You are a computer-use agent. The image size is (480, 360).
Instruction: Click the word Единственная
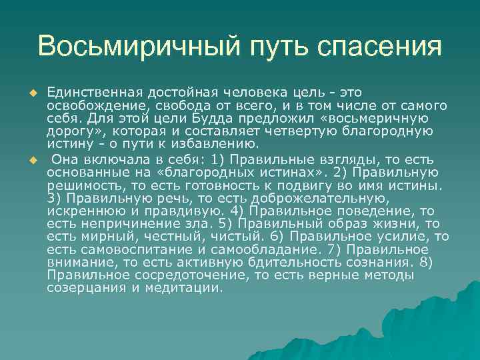(89, 91)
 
